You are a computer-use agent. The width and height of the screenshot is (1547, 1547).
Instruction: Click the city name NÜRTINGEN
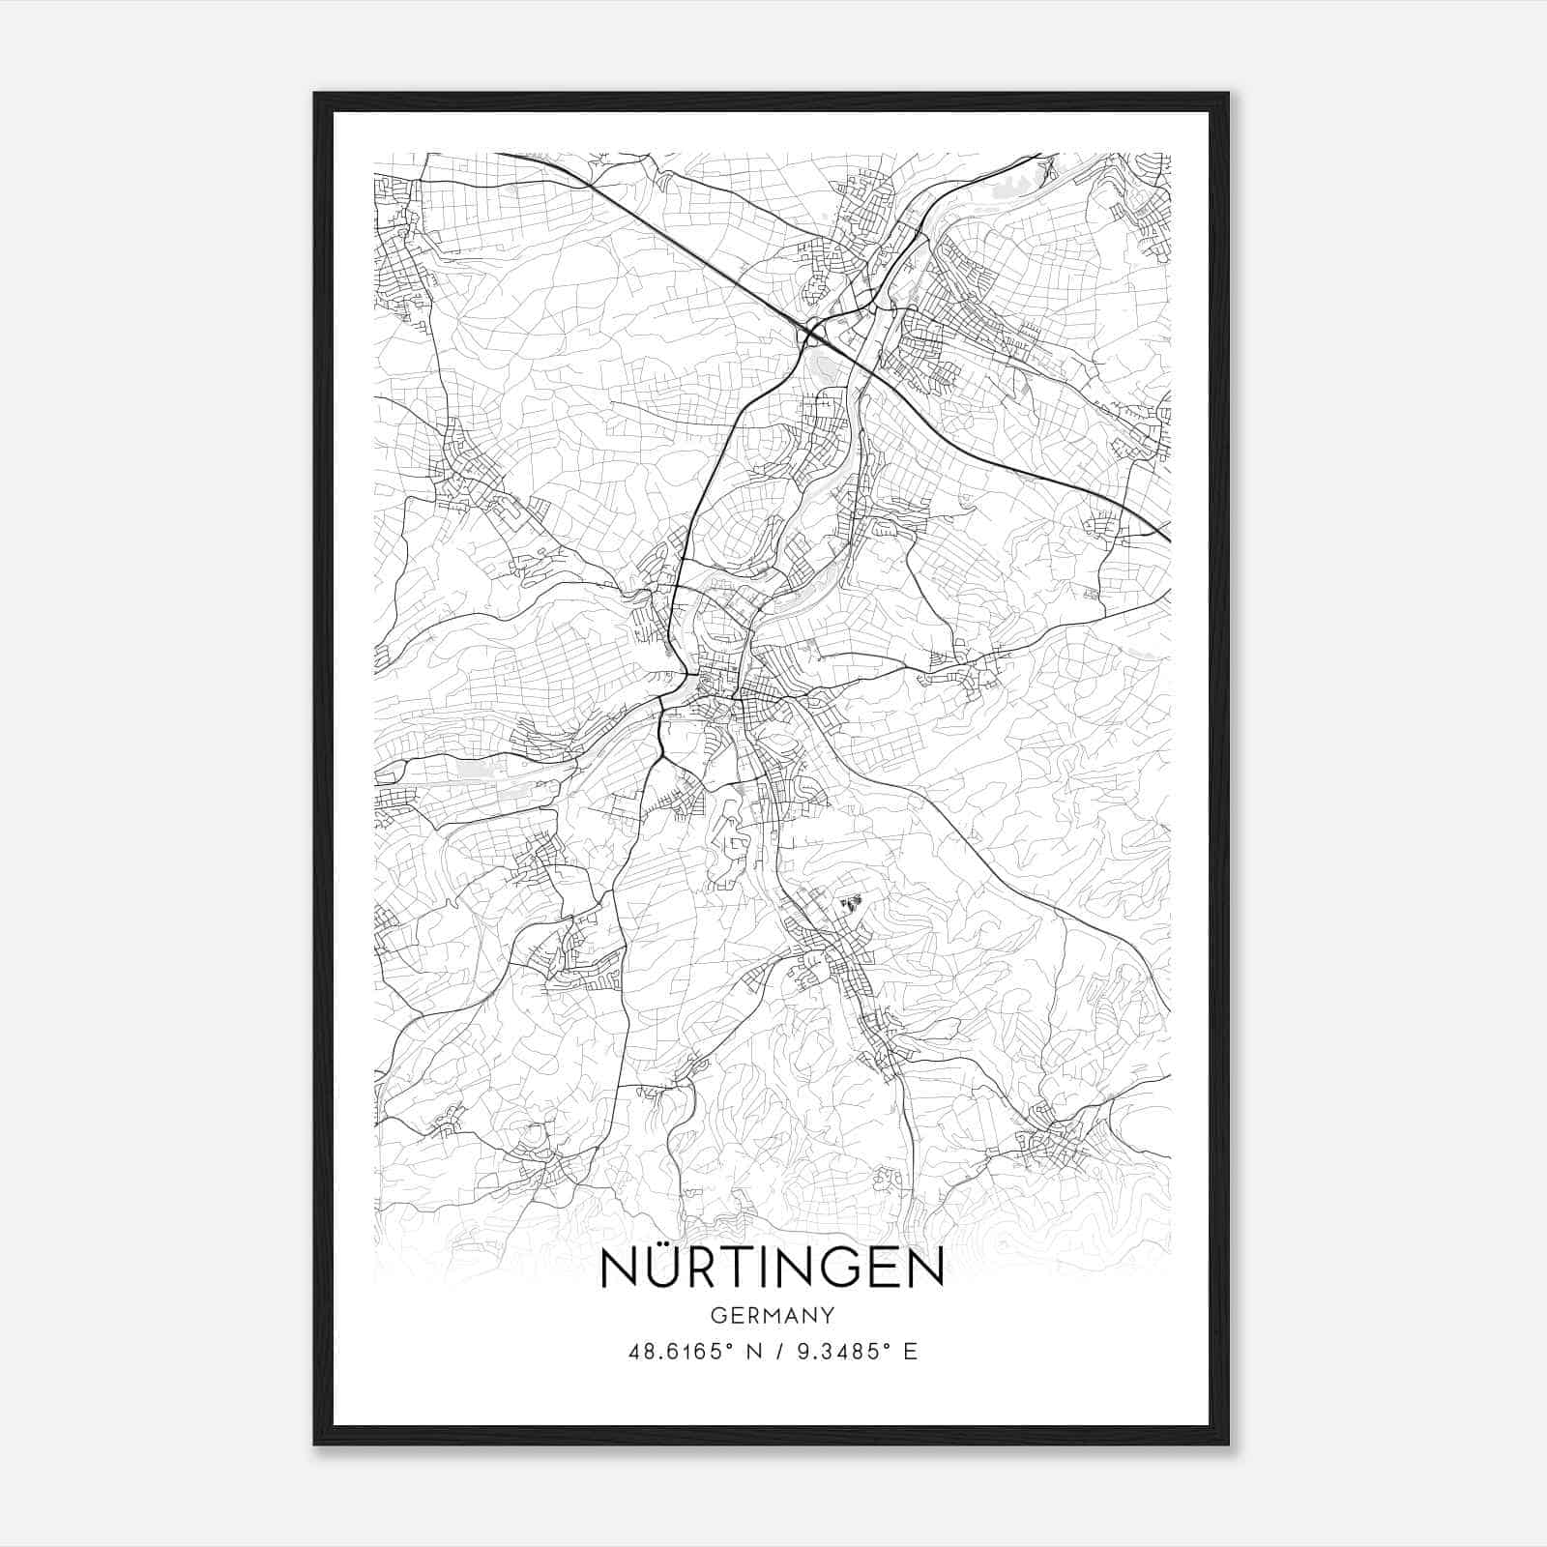click(773, 1269)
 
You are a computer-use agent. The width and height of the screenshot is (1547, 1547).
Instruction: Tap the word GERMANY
click(773, 1316)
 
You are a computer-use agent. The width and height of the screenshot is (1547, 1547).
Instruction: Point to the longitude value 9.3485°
click(829, 1352)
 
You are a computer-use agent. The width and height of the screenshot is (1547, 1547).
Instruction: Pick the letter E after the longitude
click(910, 1352)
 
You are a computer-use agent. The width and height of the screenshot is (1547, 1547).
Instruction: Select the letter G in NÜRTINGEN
click(830, 1269)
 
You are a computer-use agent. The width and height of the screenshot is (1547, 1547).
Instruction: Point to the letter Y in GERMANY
click(828, 1316)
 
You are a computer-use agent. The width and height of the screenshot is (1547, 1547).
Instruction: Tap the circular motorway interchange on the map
click(811, 334)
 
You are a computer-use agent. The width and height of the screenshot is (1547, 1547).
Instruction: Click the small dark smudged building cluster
click(852, 904)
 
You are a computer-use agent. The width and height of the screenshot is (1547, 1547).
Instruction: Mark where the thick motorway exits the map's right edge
click(1168, 540)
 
